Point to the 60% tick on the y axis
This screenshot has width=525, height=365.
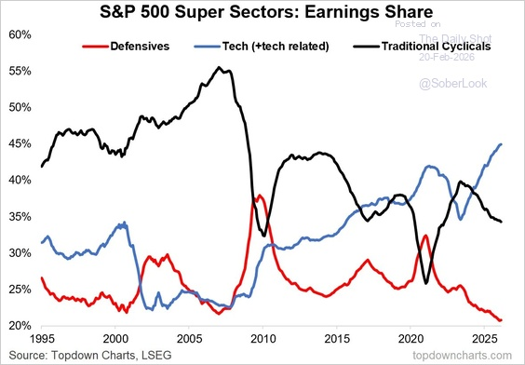21,34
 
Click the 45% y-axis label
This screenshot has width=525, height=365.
21,143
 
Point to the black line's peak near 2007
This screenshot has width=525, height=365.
218,67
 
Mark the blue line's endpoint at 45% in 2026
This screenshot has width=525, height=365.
501,144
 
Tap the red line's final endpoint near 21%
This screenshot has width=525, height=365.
501,320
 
